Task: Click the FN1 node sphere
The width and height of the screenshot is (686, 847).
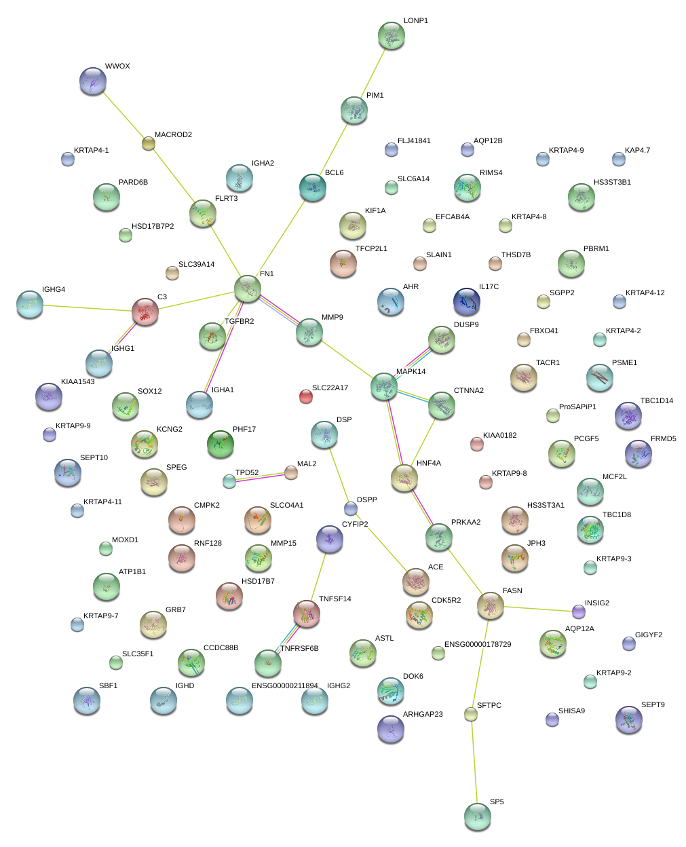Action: (x=248, y=288)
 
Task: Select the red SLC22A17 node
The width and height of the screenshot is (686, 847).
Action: (x=306, y=396)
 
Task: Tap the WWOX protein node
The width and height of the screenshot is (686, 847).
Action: (x=93, y=81)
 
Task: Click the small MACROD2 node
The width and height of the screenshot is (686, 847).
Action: (x=148, y=143)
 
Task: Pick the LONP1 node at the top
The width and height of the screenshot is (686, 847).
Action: (x=391, y=36)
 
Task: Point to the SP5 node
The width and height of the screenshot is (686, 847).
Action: (x=477, y=816)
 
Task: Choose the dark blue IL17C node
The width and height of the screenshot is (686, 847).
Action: (x=467, y=302)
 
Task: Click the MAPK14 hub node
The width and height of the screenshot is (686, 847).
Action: (x=384, y=386)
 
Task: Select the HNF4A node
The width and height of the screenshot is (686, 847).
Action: (x=404, y=478)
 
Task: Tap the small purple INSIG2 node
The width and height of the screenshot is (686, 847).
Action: (x=578, y=611)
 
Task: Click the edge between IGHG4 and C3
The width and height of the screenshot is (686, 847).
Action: (x=87, y=308)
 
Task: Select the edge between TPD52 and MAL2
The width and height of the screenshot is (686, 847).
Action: (x=260, y=477)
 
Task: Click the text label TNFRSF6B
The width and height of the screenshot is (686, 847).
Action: (x=299, y=649)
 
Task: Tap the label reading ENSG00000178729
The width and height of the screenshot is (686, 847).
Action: (x=478, y=645)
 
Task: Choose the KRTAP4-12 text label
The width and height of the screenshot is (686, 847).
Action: (x=645, y=293)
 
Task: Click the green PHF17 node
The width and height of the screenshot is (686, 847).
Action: (x=221, y=444)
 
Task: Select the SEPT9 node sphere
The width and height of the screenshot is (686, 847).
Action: (x=628, y=719)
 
